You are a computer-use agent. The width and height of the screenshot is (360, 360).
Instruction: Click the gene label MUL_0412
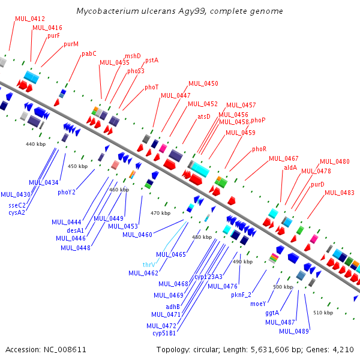[30, 19]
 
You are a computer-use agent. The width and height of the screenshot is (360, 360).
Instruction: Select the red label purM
[71, 44]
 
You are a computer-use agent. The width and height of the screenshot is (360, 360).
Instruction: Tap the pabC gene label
[89, 54]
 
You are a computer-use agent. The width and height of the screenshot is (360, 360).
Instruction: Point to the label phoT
[152, 87]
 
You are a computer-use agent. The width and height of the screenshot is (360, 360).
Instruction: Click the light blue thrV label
[149, 265]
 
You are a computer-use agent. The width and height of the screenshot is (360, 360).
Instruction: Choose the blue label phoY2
[67, 192]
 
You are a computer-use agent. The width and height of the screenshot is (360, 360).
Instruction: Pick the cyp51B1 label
[164, 333]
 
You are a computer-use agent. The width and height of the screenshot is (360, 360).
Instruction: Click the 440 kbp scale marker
[35, 144]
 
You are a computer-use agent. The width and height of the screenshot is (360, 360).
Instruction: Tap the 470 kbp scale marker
[160, 213]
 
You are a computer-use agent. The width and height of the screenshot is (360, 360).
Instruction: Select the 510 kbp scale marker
[323, 313]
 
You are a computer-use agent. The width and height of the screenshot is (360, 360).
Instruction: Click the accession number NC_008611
[65, 350]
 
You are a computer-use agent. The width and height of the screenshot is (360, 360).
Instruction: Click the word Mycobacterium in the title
[107, 11]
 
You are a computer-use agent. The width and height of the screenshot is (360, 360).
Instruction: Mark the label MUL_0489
[294, 331]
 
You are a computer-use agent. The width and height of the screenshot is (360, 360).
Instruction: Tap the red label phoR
[259, 149]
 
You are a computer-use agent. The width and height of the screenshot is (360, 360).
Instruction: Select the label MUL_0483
[340, 193]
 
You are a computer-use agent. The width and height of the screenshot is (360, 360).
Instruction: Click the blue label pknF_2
[241, 295]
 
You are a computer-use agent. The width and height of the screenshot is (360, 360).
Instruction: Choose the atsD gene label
[204, 116]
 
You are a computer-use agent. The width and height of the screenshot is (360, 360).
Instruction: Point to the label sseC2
[17, 205]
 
